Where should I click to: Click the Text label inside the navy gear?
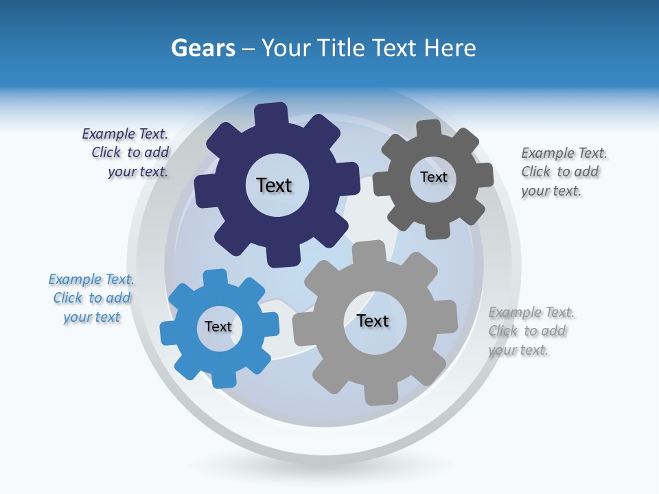pyautogui.click(x=274, y=185)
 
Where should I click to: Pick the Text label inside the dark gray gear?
pyautogui.click(x=434, y=177)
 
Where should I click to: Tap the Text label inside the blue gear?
pyautogui.click(x=218, y=327)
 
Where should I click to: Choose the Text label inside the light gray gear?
pyautogui.click(x=373, y=320)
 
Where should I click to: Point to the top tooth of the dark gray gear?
pyautogui.click(x=429, y=130)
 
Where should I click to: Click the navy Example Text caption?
pyautogui.click(x=126, y=153)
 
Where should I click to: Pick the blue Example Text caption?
pyautogui.click(x=91, y=298)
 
